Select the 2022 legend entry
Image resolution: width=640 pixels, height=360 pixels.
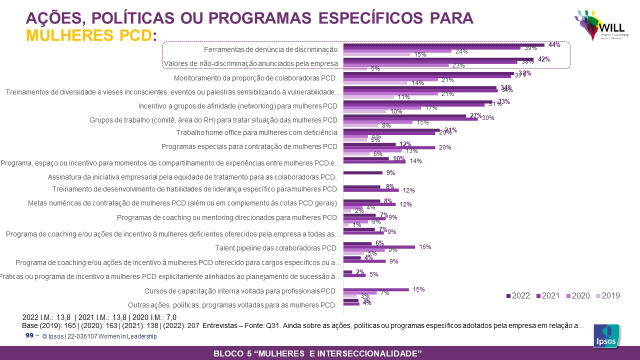[518, 295]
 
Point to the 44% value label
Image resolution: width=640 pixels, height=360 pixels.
[554, 44]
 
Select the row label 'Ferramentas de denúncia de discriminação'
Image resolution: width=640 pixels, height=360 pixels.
[270, 49]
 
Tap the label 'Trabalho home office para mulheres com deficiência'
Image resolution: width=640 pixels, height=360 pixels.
[256, 132]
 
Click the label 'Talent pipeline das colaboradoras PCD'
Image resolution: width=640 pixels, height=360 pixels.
[276, 248]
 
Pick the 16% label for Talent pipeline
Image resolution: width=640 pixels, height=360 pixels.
[425, 246]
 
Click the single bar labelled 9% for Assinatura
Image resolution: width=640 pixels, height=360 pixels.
[363, 173]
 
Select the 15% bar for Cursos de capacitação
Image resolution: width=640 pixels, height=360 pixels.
[376, 289]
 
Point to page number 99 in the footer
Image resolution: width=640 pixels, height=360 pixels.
[29, 335]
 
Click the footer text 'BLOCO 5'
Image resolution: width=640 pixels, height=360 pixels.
[234, 353]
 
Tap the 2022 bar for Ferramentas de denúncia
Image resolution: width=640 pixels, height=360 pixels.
[444, 45]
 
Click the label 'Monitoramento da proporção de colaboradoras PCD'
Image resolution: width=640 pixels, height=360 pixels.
[254, 78]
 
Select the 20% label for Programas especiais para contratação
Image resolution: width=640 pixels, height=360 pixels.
[445, 147]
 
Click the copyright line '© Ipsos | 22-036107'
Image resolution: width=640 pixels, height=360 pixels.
[100, 336]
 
